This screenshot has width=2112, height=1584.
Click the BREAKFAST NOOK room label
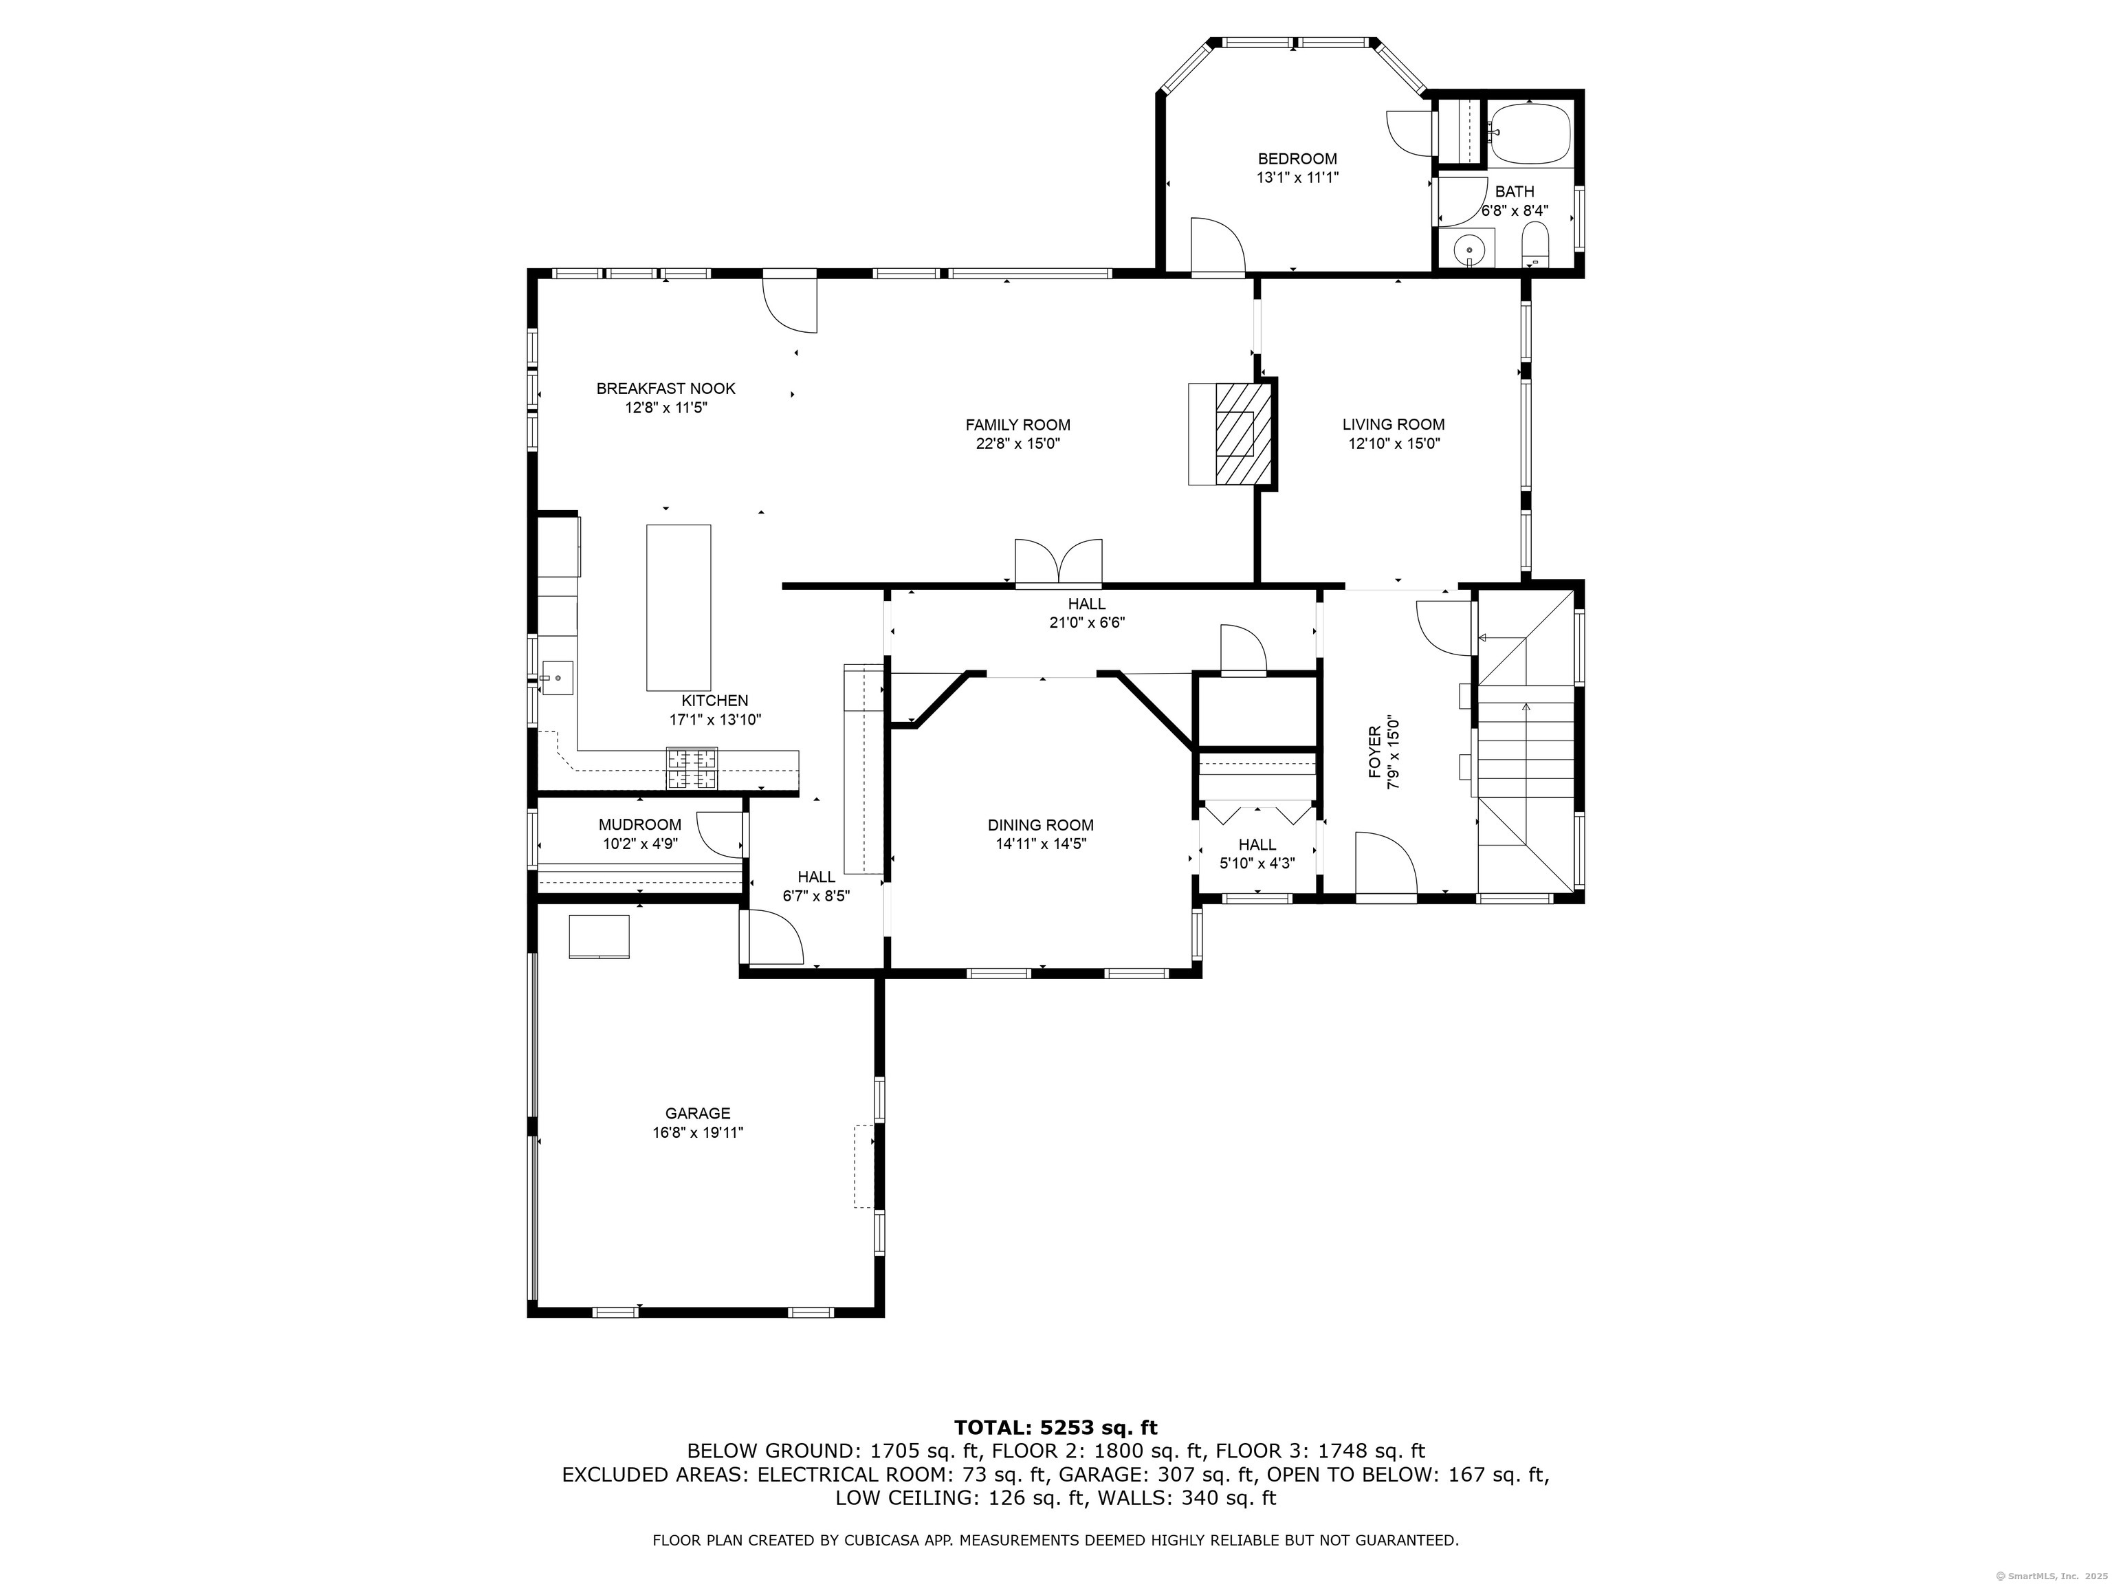(x=665, y=388)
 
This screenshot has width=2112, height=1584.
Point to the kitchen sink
(x=557, y=679)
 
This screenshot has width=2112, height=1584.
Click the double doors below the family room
(x=1058, y=562)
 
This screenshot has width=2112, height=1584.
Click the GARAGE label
(x=698, y=1113)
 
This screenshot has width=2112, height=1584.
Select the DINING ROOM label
(x=1041, y=826)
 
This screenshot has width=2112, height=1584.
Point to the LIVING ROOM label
(x=1393, y=425)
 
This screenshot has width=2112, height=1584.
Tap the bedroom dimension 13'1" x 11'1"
(x=1297, y=177)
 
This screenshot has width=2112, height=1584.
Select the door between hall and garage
(x=774, y=938)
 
